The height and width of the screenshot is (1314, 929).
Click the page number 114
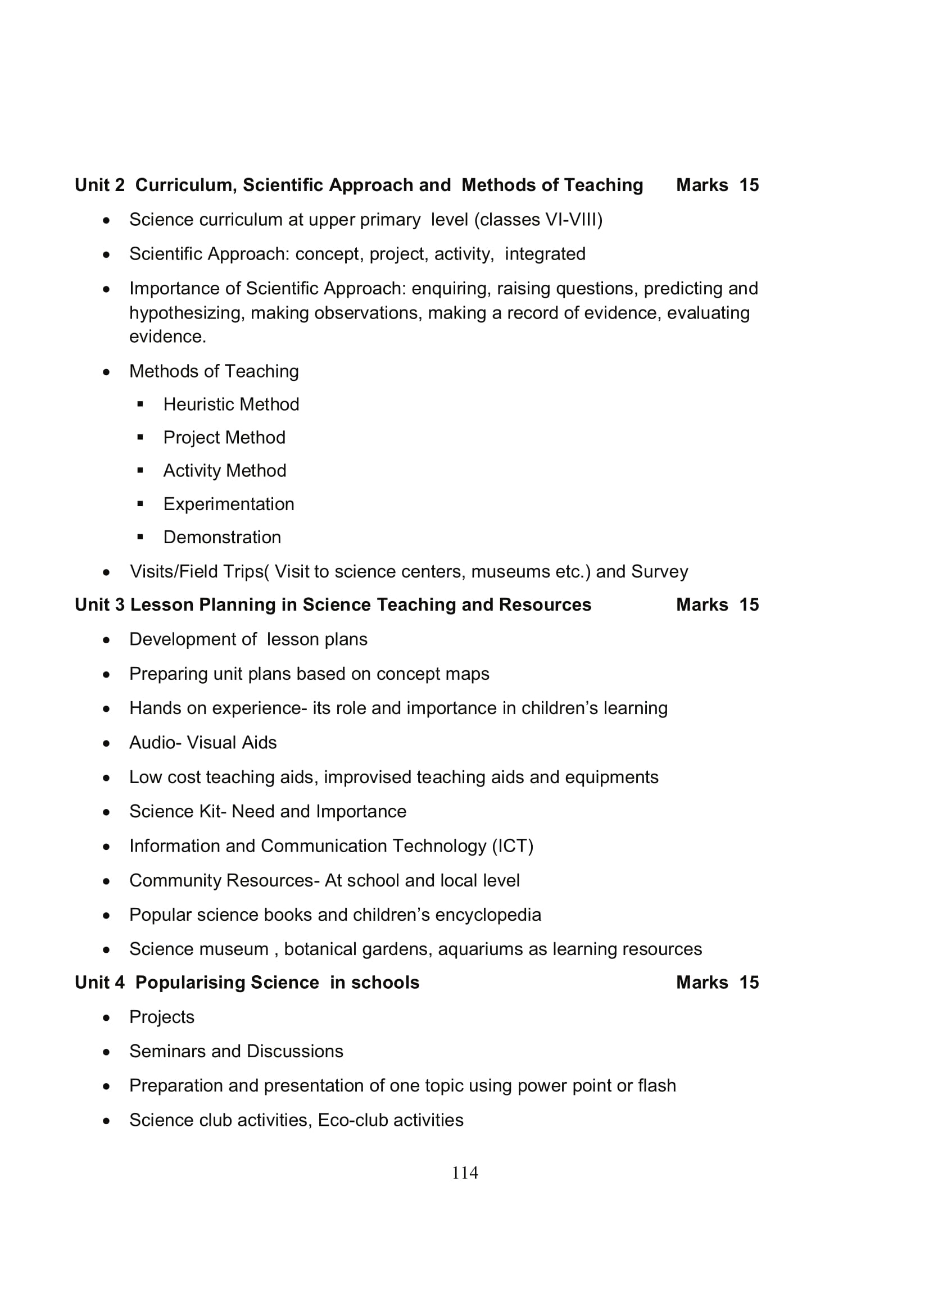465,1172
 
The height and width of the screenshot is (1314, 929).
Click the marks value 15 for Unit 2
749,185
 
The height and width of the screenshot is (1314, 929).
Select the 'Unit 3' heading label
99,604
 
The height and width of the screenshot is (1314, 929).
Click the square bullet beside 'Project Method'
141,437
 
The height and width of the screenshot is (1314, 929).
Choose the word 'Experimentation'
228,503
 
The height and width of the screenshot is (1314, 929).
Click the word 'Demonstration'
222,537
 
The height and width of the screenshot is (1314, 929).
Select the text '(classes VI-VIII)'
538,220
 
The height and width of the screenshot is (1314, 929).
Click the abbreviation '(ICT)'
513,845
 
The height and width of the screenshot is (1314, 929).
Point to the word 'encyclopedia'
488,915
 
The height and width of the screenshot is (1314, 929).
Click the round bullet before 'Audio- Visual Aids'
106,743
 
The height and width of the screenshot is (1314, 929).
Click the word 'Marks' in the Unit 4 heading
702,982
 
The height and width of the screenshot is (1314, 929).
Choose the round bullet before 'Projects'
106,1017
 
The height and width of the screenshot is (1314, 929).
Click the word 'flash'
656,1085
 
